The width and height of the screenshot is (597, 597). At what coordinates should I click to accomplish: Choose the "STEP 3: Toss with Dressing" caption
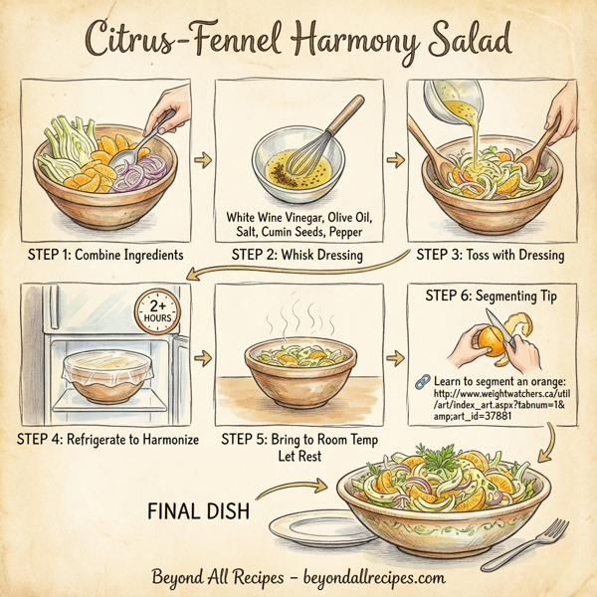[489, 256]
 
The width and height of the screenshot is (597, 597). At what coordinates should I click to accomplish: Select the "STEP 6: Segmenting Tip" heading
[490, 296]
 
